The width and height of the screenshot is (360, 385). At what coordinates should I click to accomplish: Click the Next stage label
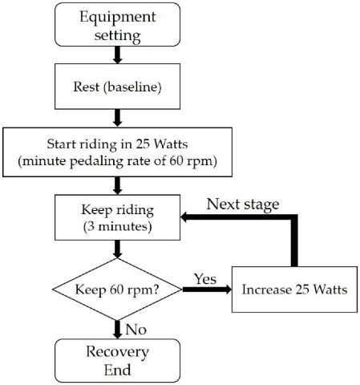click(x=243, y=203)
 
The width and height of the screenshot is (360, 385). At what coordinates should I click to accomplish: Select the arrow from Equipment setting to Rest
click(x=117, y=55)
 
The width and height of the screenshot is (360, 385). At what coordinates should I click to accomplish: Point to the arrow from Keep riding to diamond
click(x=117, y=251)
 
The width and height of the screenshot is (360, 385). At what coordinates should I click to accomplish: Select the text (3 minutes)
click(x=117, y=226)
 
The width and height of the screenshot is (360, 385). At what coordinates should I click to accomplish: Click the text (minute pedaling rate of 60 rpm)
click(x=117, y=160)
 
